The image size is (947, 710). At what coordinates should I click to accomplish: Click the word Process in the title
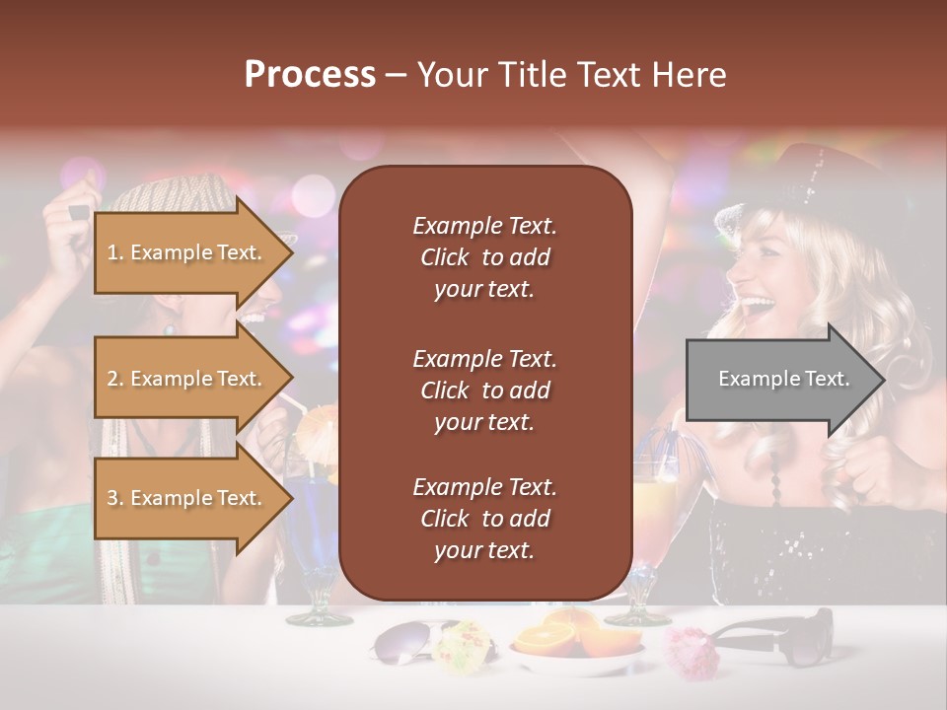coord(310,74)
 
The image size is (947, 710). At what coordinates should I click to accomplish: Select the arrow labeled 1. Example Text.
coord(187,252)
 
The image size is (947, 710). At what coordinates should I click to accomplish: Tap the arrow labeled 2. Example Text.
coord(187,379)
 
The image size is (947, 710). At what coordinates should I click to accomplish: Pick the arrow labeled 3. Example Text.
coord(187,498)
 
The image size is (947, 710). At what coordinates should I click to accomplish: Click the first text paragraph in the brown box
coord(484,257)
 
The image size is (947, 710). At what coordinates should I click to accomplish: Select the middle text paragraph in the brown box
coord(484,390)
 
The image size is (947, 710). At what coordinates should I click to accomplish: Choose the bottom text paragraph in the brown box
coord(484,519)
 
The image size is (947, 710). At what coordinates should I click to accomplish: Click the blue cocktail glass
coord(314,532)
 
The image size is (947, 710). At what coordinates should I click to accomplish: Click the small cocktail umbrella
coord(318,426)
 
